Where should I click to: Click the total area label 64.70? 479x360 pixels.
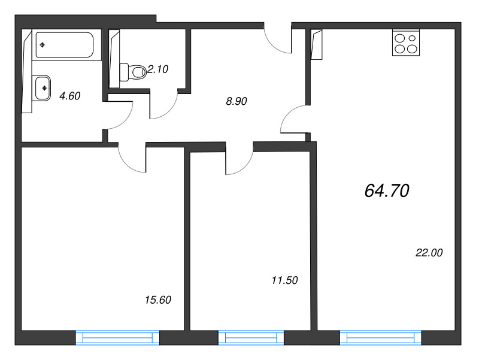[x=387, y=190]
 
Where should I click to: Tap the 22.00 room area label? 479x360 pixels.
[x=429, y=253]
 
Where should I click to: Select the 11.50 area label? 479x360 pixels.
[x=285, y=280]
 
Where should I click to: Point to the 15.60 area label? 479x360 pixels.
[x=158, y=300]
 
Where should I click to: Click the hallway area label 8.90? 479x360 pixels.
[x=237, y=101]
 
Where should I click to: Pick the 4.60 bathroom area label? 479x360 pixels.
[x=70, y=96]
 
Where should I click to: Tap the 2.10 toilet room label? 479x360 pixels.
[x=157, y=69]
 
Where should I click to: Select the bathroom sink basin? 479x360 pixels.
[x=43, y=88]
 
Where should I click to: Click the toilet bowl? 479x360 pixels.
[x=133, y=72]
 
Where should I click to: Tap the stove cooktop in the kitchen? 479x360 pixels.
[x=406, y=43]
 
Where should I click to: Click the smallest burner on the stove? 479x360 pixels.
[x=412, y=38]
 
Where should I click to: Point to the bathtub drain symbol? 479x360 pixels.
[x=43, y=46]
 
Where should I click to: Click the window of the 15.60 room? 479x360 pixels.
[x=117, y=338]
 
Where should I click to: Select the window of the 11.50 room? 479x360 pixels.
[x=251, y=338]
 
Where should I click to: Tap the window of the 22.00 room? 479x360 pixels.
[x=381, y=338]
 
